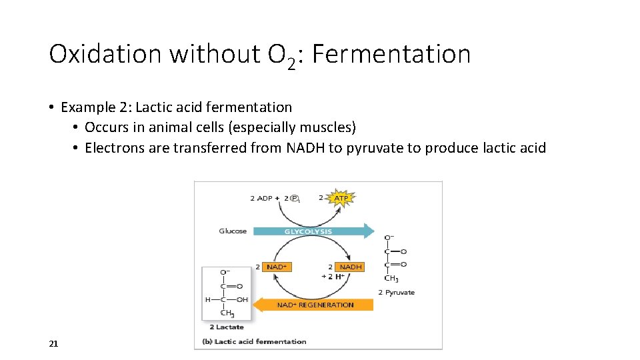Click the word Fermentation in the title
tap(391, 54)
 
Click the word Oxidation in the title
tap(105, 54)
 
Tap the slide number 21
tap(54, 343)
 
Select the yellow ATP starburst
tap(341, 198)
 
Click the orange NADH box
tap(351, 267)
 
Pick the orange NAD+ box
tap(277, 267)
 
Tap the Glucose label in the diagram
tap(233, 231)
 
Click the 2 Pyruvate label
tap(397, 292)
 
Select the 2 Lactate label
tap(227, 327)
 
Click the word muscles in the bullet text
tap(330, 127)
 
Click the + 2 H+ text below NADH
tap(333, 276)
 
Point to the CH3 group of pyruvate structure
tap(391, 279)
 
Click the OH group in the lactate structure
tap(241, 299)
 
